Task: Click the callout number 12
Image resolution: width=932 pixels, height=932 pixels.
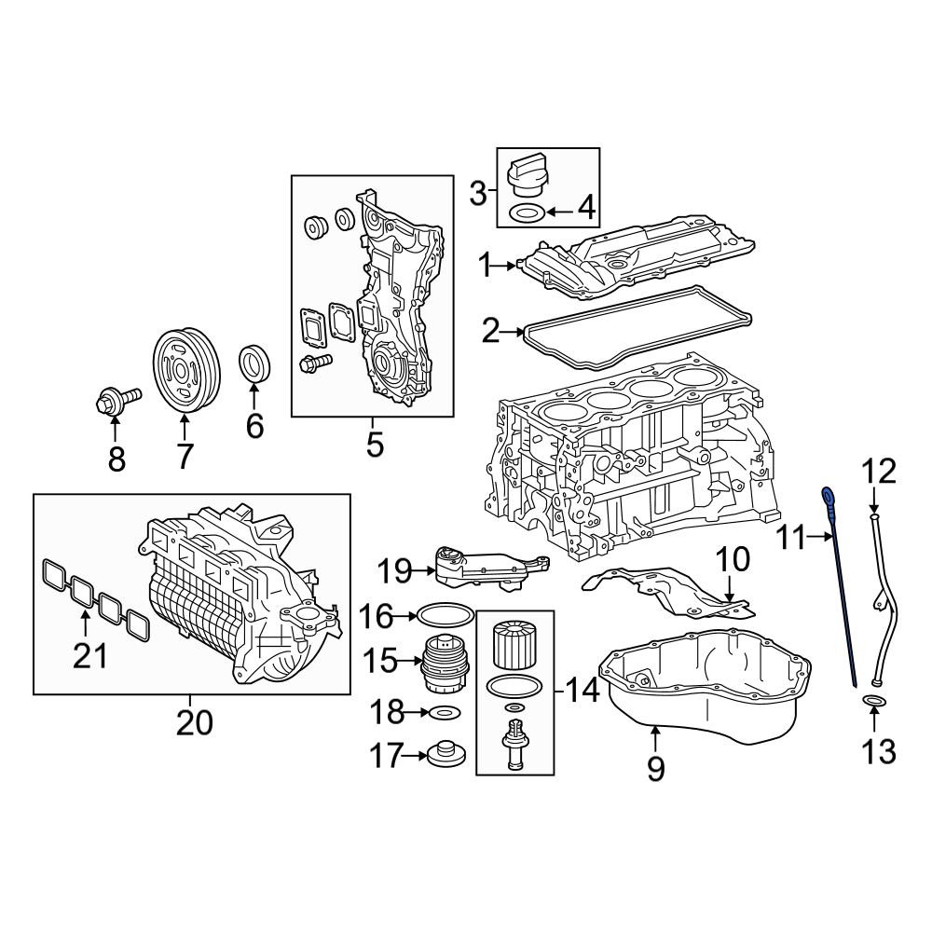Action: point(879,472)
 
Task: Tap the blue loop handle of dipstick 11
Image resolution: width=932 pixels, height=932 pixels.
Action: point(828,493)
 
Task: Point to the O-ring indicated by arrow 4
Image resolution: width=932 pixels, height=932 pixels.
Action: point(526,212)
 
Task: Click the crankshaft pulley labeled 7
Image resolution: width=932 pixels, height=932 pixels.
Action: point(186,368)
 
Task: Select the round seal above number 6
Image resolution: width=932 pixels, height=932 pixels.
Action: point(256,363)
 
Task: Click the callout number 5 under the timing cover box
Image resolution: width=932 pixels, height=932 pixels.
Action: point(375,445)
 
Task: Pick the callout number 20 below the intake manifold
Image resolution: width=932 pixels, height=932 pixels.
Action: point(195,723)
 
